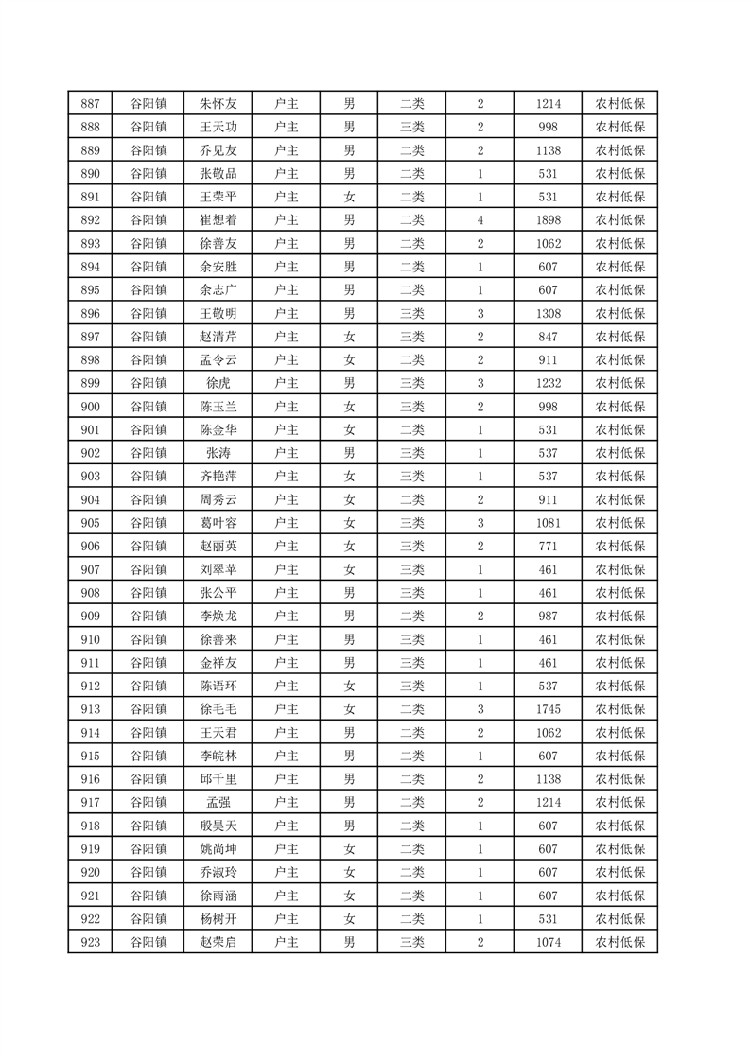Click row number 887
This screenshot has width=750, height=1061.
[91, 104]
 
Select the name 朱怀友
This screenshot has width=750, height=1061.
[218, 104]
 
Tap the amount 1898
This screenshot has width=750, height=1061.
[548, 220]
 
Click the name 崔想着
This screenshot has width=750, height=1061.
[218, 220]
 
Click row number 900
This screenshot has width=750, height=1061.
[91, 407]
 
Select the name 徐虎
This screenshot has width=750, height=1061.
[218, 383]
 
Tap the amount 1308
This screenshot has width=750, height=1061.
[548, 313]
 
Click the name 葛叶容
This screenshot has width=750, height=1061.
[218, 523]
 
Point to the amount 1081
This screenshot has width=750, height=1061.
[548, 523]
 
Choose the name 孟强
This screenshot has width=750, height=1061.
[218, 802]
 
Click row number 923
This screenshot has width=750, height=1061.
[91, 942]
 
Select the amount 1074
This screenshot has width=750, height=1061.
[548, 942]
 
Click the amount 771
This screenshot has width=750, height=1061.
[548, 547]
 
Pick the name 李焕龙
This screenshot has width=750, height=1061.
[218, 616]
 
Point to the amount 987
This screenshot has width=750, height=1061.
[548, 616]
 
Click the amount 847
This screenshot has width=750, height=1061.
[548, 337]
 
